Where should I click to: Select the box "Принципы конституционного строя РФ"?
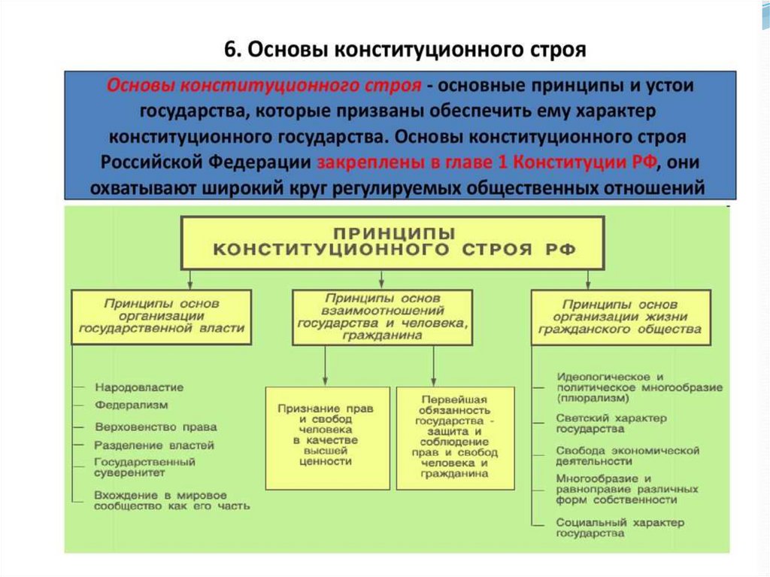click(x=392, y=242)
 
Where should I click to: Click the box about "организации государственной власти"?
click(x=162, y=316)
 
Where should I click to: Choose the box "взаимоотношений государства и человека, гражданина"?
click(x=383, y=317)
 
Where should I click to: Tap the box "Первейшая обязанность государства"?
click(x=455, y=436)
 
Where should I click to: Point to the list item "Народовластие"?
click(x=139, y=387)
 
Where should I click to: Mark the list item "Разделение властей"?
click(x=154, y=445)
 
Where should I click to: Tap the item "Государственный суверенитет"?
click(x=145, y=467)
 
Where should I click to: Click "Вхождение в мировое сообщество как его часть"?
click(x=172, y=500)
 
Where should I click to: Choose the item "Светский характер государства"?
click(x=611, y=423)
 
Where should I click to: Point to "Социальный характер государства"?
click(x=620, y=527)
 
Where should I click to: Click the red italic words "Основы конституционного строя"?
click(x=264, y=85)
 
